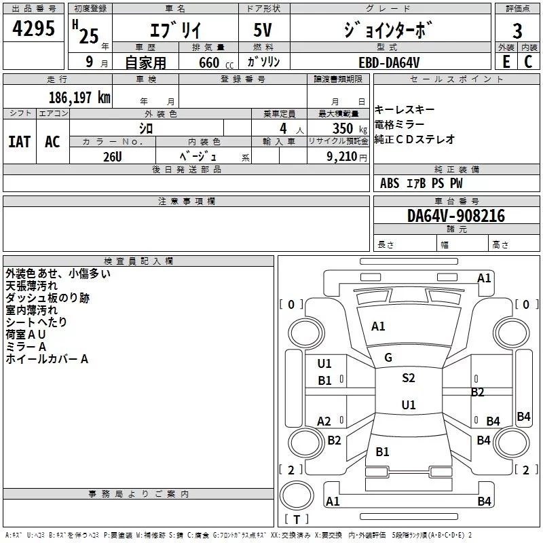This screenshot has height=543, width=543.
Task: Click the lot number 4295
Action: (34, 29)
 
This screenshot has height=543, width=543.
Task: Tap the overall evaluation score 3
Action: (517, 31)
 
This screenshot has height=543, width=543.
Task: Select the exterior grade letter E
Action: (506, 62)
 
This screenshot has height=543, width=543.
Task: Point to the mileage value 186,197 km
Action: (79, 98)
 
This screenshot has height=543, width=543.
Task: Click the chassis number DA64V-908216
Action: (456, 216)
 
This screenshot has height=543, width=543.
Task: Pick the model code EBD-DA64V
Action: (389, 62)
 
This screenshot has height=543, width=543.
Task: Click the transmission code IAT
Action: (19, 141)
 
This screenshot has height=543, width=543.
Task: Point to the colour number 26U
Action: (113, 156)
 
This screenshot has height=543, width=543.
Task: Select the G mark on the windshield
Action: (388, 358)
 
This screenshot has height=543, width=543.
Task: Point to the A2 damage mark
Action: (324, 422)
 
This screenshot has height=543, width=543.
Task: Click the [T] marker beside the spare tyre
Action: (297, 520)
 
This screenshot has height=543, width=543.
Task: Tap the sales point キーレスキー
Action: (405, 110)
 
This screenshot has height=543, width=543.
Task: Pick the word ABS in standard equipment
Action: (390, 183)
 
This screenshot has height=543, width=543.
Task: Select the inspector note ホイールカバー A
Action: (47, 359)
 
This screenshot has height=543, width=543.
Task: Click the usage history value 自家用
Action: (145, 62)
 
